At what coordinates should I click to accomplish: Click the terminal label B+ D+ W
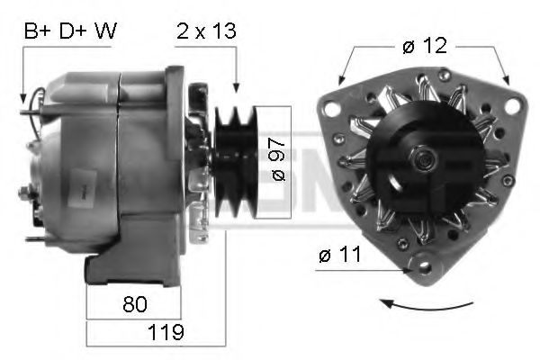[70, 31]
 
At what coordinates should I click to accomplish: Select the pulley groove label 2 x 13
[205, 31]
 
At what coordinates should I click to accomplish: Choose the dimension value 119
[166, 332]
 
